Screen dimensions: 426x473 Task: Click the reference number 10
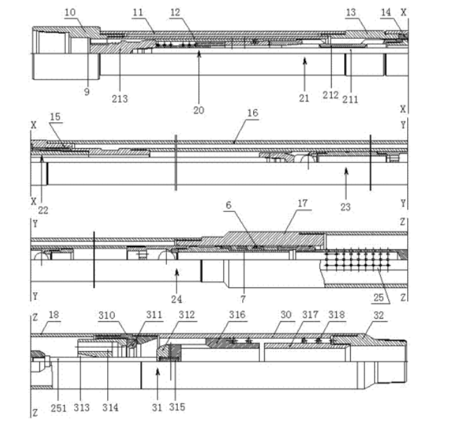[x=71, y=12]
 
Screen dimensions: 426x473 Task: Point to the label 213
[x=121, y=99]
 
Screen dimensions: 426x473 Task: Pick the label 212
[x=330, y=94]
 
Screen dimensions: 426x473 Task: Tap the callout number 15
[x=55, y=118]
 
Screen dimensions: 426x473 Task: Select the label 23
[x=346, y=208]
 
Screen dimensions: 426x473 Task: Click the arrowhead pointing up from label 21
[x=305, y=60]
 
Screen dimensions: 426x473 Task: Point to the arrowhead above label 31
[x=157, y=370]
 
